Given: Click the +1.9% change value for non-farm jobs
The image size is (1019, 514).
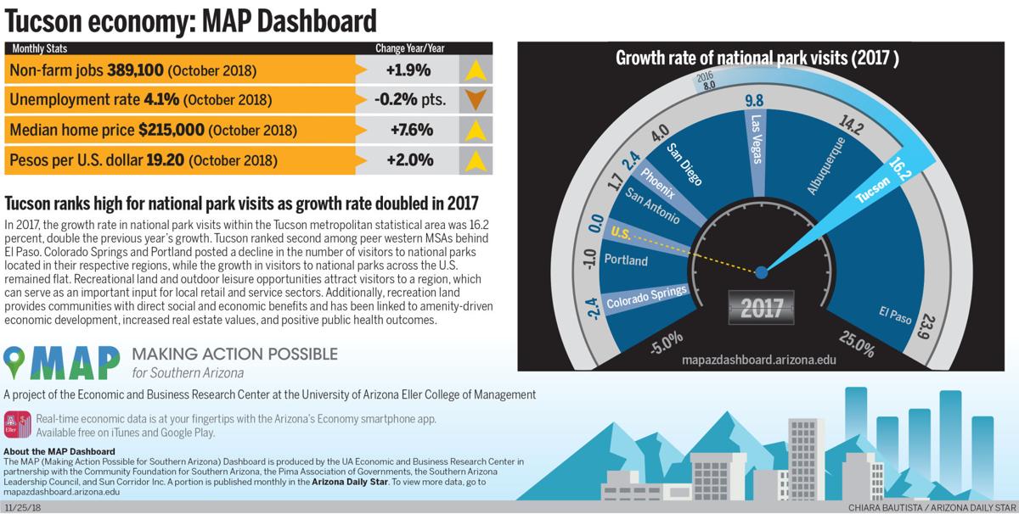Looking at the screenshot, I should coord(409,70).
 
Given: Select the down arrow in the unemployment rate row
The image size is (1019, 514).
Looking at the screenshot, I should coord(476,100).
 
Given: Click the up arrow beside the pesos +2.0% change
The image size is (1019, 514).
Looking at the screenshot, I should coord(476,159).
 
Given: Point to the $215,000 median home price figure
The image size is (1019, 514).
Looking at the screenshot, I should coord(171,130).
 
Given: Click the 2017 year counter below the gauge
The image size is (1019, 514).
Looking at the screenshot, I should coord(761,307).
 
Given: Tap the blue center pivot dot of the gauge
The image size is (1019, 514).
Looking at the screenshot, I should coord(761,272).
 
